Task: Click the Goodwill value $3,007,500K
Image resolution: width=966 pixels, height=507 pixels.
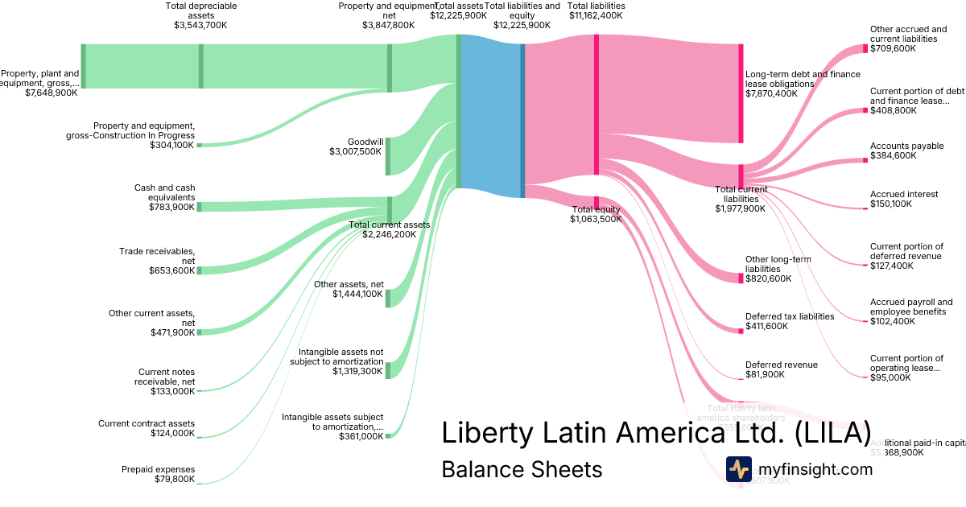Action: click(x=355, y=150)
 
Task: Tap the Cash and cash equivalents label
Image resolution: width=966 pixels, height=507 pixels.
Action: click(x=164, y=192)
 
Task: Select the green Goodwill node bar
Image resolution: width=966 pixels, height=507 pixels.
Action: click(x=389, y=155)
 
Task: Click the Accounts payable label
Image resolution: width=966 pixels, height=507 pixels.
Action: click(x=906, y=146)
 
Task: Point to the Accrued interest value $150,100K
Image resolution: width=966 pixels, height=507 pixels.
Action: click(x=891, y=204)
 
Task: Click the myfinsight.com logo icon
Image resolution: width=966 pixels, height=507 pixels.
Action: click(x=738, y=469)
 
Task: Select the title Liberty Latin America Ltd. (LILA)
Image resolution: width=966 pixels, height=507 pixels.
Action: click(x=656, y=432)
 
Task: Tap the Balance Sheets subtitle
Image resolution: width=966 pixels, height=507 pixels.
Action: click(x=521, y=469)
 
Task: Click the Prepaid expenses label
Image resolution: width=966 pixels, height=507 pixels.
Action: click(x=158, y=469)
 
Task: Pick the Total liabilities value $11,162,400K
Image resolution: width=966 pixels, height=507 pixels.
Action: click(x=596, y=14)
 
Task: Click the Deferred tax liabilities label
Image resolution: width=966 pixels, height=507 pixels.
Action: click(x=790, y=316)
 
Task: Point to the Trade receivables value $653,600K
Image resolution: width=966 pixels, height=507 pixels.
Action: click(x=172, y=270)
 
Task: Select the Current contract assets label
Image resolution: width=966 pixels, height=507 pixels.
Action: click(x=147, y=423)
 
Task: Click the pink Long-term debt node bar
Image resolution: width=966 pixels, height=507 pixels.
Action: click(x=741, y=93)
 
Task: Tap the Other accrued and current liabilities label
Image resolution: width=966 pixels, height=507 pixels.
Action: click(x=908, y=34)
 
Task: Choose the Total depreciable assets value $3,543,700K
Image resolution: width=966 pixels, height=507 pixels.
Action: click(x=200, y=25)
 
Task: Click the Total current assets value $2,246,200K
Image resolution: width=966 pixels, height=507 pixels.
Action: click(x=389, y=234)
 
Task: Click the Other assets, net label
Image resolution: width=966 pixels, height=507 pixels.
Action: click(x=349, y=284)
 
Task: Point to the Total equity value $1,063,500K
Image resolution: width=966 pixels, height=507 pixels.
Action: click(x=596, y=219)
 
